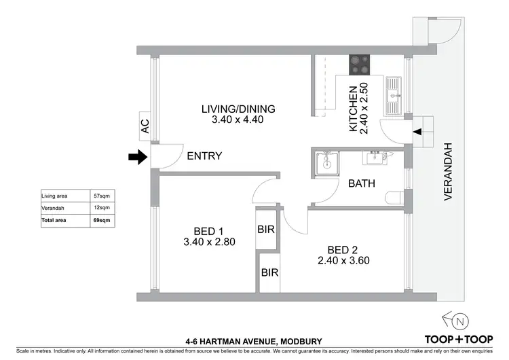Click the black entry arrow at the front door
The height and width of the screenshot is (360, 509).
[x=138, y=157]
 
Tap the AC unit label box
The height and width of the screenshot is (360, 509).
[x=144, y=126]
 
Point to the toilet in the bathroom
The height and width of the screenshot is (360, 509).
[x=393, y=198]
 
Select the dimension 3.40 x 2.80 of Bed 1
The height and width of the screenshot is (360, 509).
[x=208, y=241]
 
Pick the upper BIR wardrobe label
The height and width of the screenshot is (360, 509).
[x=265, y=230]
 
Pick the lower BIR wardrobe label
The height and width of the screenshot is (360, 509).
[x=270, y=273]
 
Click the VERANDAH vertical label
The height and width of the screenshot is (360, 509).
[x=448, y=172]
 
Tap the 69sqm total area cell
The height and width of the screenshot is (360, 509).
[x=101, y=221]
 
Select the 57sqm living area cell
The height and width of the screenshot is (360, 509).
[x=101, y=196]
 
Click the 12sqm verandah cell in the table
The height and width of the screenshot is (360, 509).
[x=101, y=209]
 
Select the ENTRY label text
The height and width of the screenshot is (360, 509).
[x=204, y=156]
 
